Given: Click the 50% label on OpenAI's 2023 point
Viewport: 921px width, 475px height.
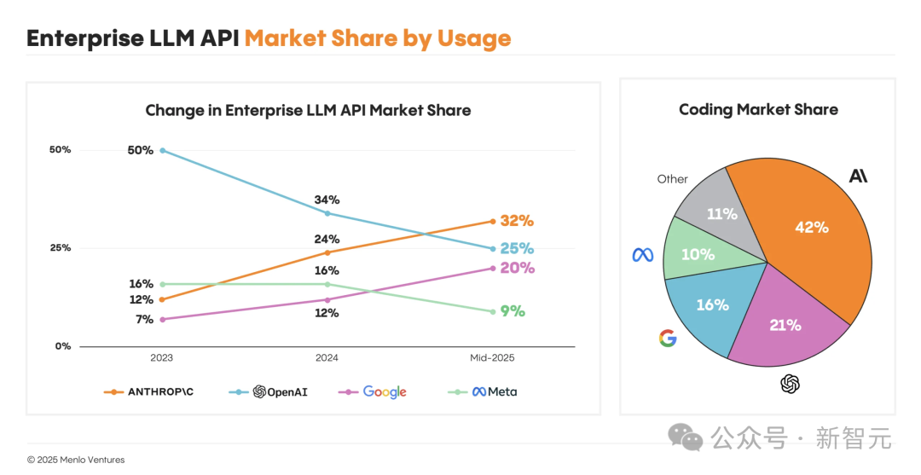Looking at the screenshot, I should pyautogui.click(x=141, y=150).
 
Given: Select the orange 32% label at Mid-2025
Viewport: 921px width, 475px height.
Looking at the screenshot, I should pyautogui.click(x=517, y=221).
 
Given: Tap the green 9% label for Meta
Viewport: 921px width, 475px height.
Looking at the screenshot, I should pyautogui.click(x=512, y=311).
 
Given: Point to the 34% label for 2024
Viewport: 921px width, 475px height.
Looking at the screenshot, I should pyautogui.click(x=327, y=200).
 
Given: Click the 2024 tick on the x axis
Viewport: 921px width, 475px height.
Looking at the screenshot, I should pyautogui.click(x=327, y=358).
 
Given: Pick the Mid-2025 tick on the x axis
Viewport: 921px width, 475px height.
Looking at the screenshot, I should pyautogui.click(x=492, y=358).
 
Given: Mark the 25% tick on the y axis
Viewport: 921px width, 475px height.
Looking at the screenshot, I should pyautogui.click(x=60, y=248).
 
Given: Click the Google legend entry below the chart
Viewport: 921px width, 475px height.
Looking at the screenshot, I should pyautogui.click(x=373, y=392).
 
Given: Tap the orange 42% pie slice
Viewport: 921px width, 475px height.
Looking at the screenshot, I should pyautogui.click(x=810, y=239).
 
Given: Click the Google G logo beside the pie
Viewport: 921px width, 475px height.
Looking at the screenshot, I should pyautogui.click(x=668, y=339).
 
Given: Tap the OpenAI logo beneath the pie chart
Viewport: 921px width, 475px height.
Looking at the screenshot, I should pyautogui.click(x=791, y=385).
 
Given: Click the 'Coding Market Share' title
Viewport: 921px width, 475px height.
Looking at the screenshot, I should pyautogui.click(x=758, y=110).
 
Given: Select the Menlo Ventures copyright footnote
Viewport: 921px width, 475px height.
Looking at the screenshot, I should pyautogui.click(x=76, y=460).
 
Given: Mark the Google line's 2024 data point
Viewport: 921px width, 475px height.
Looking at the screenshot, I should pyautogui.click(x=327, y=299).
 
